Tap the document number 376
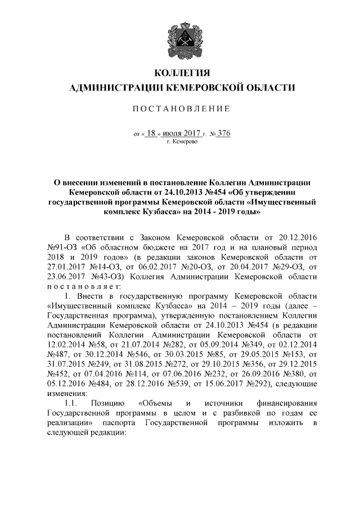click(x=223, y=133)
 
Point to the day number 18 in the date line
click(x=150, y=133)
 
